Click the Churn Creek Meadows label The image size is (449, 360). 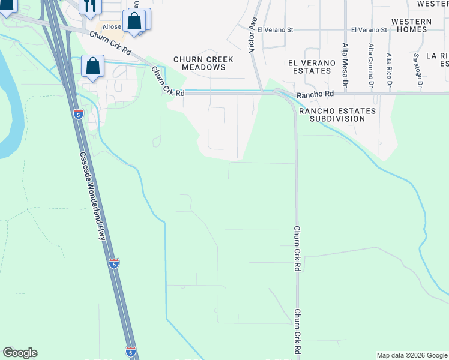199,63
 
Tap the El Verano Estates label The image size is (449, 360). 309,67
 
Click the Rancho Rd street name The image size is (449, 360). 315,94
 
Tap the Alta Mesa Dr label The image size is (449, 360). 345,61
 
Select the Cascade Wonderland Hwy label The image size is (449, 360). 93,195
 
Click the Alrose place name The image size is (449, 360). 112,27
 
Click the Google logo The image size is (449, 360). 20,353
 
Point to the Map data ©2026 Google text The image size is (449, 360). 411,355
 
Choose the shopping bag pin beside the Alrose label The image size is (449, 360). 134,22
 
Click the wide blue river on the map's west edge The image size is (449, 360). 9,108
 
